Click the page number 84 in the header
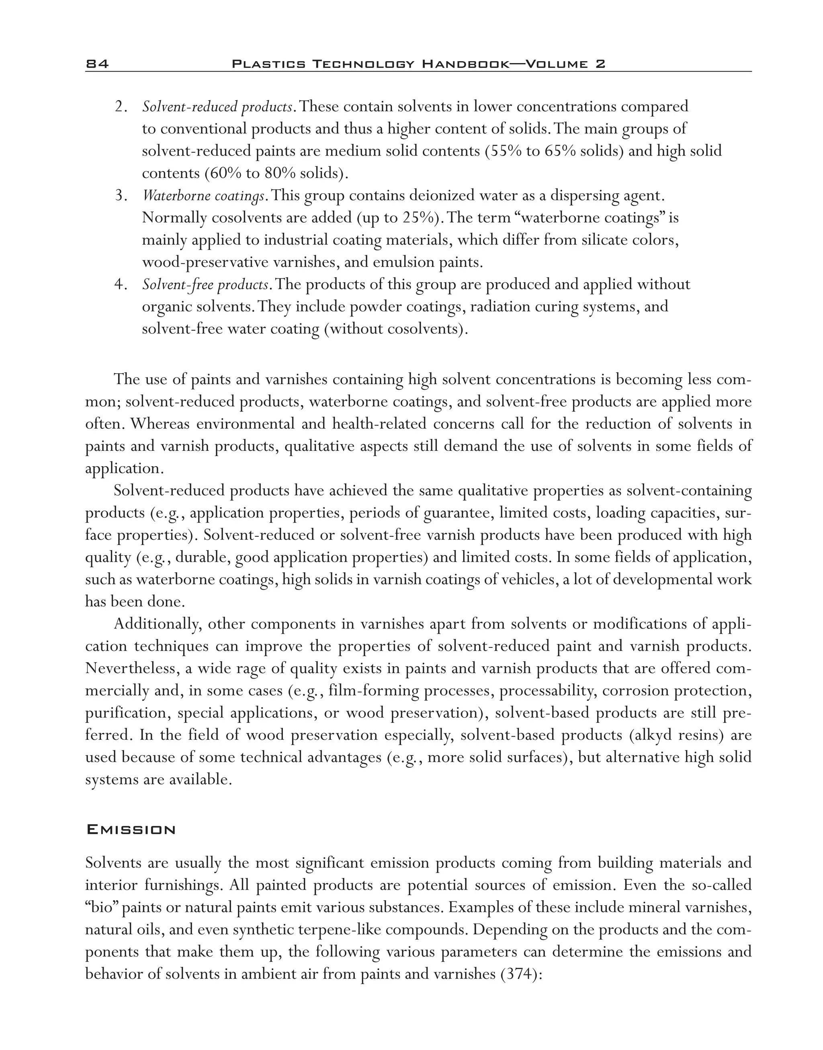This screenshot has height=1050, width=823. [x=97, y=64]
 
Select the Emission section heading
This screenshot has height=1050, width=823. [x=131, y=830]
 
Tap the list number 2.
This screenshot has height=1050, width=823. [x=121, y=106]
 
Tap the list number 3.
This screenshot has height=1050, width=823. [x=121, y=196]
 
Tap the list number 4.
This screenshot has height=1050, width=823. [x=121, y=285]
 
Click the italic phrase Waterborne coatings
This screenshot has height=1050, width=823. [x=203, y=196]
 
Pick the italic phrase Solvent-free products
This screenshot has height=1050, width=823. [x=205, y=285]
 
